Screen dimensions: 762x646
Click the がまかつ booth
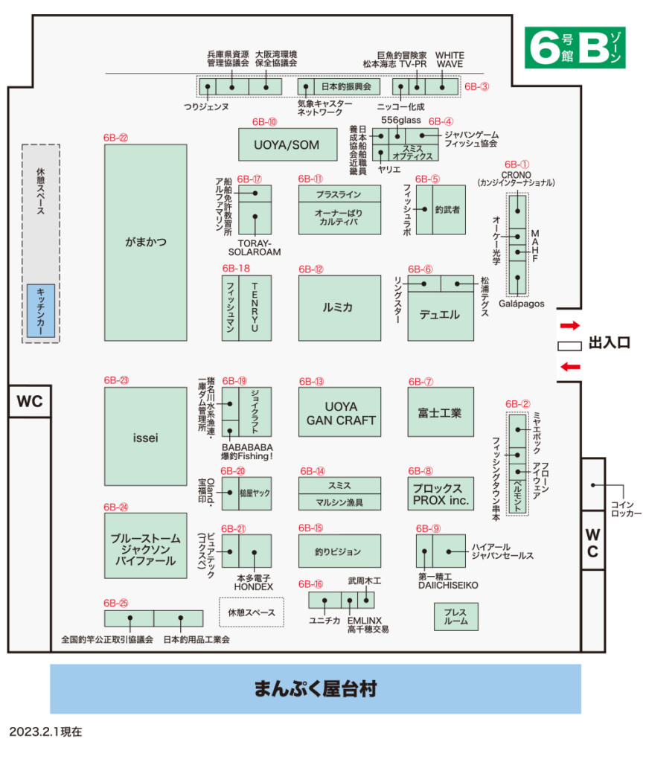pos(145,243)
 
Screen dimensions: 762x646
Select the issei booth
pos(145,438)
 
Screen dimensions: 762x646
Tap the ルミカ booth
pos(339,308)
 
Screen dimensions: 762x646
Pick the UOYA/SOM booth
pos(287,144)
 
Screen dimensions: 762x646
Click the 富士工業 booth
pos(441,412)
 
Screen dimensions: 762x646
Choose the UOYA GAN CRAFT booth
pos(339,412)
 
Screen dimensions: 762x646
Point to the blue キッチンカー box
pos(41,310)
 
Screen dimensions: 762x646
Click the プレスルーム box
pos(455,617)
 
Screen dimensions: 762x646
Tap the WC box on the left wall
pos(30,403)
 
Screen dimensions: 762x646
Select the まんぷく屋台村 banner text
pos(315,688)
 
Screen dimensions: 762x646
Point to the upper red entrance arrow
pos(569,325)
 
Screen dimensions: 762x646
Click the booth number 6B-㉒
pos(115,138)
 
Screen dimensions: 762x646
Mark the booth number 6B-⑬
pos(311,381)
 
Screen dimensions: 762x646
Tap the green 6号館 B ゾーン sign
pos(574,48)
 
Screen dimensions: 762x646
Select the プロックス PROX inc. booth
pos(441,495)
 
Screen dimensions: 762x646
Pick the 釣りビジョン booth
pos(339,551)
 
